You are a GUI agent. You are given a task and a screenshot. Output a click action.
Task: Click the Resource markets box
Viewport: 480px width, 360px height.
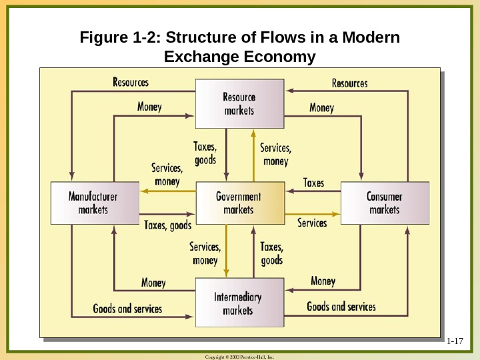[x=238, y=103]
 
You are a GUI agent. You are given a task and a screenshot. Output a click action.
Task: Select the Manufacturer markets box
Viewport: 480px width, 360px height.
[x=93, y=203]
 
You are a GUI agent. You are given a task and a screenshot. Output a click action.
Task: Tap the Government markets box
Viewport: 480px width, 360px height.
[x=238, y=203]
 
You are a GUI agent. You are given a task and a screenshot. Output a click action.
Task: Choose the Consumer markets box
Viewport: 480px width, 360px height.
[x=384, y=203]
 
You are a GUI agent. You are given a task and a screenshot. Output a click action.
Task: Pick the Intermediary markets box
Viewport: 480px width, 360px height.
[x=238, y=303]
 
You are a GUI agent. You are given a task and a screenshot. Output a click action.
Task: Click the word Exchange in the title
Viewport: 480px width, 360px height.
[x=205, y=57]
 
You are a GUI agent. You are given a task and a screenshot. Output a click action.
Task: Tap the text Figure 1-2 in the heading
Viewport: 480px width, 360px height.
[x=118, y=37]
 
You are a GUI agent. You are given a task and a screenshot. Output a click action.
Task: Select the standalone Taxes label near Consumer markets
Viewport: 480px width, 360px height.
[x=313, y=182]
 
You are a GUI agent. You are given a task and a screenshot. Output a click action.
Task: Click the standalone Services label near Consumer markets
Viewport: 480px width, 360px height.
[x=312, y=223]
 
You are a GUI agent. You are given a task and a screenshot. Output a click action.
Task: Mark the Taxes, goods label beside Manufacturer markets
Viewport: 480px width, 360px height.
[x=168, y=225]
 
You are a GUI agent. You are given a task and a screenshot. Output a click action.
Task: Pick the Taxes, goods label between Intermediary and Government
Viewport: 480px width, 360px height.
[x=271, y=253]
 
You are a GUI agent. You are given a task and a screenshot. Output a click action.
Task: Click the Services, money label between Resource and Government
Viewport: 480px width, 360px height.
[x=275, y=155]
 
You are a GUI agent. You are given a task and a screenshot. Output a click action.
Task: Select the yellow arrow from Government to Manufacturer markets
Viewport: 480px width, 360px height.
[x=167, y=191]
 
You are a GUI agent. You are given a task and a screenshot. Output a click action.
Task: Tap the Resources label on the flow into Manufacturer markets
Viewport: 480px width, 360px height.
[x=131, y=83]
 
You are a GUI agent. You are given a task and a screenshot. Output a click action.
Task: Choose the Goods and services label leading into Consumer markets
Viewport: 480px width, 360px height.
[x=341, y=307]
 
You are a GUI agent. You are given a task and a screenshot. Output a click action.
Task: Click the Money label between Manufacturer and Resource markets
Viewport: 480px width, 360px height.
[x=149, y=107]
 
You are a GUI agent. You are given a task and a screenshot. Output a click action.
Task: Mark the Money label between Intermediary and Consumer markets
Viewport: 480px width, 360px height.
[x=323, y=281]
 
